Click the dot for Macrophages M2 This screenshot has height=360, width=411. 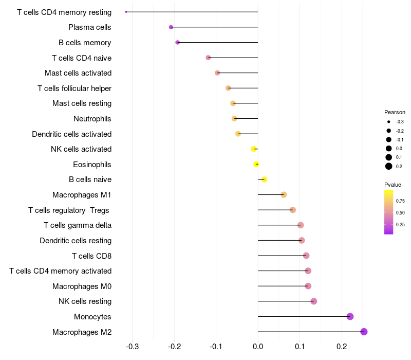click(x=364, y=332)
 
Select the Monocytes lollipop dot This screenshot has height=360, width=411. click(x=350, y=316)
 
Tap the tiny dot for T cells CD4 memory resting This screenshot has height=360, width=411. click(x=126, y=12)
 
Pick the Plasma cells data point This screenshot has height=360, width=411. click(x=171, y=27)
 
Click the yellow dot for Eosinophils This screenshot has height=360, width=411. click(x=256, y=165)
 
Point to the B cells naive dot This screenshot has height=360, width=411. click(x=264, y=179)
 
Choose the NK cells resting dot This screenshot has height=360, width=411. click(x=314, y=301)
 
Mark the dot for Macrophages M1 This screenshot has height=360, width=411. click(x=284, y=195)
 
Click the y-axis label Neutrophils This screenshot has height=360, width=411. click(x=92, y=119)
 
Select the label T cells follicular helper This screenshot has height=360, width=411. click(x=74, y=88)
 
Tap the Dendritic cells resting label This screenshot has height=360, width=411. click(x=76, y=241)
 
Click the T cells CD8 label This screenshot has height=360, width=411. click(x=92, y=256)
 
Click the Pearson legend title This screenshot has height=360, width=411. click(x=395, y=112)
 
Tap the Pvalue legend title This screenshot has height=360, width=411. click(x=393, y=185)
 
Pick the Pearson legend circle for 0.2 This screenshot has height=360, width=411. click(x=389, y=166)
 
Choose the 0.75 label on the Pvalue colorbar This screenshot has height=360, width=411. click(x=400, y=201)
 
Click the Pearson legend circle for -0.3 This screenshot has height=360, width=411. click(x=389, y=122)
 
